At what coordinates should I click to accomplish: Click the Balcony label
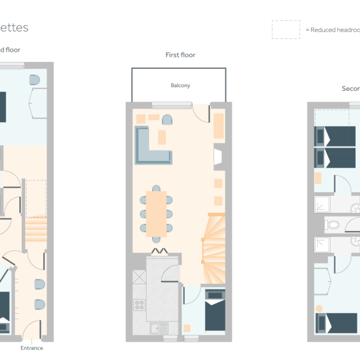point(180,85)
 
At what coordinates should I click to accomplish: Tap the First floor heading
point(180,55)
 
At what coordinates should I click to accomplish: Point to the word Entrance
point(32,348)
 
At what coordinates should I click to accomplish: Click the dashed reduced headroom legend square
point(285,29)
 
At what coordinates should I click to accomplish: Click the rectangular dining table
point(157,213)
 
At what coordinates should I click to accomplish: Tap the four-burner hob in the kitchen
point(140,305)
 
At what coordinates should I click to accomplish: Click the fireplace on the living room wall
point(219,157)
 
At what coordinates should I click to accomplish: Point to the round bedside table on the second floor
point(319,309)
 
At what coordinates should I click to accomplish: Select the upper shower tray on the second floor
point(322,205)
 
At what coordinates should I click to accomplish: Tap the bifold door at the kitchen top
point(157,251)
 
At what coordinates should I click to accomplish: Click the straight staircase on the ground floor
point(36,230)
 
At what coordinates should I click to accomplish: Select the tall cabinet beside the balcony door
point(219,125)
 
